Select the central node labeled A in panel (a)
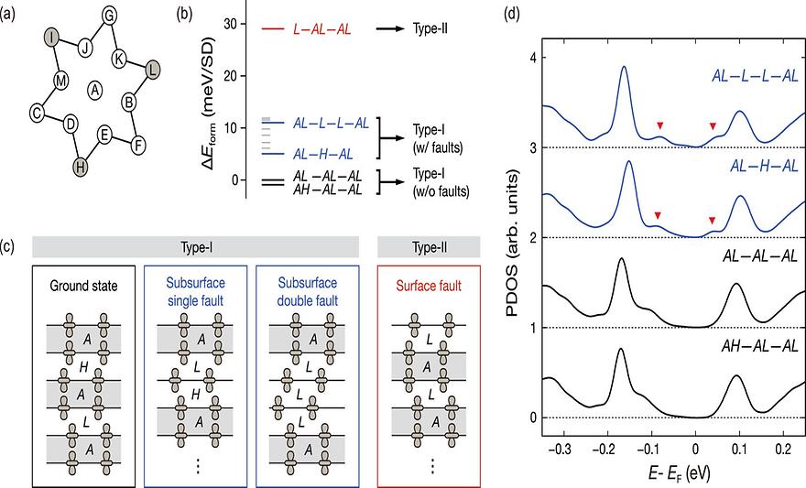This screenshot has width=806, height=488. (x=95, y=89)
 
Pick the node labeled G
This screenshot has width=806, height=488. (x=109, y=15)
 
